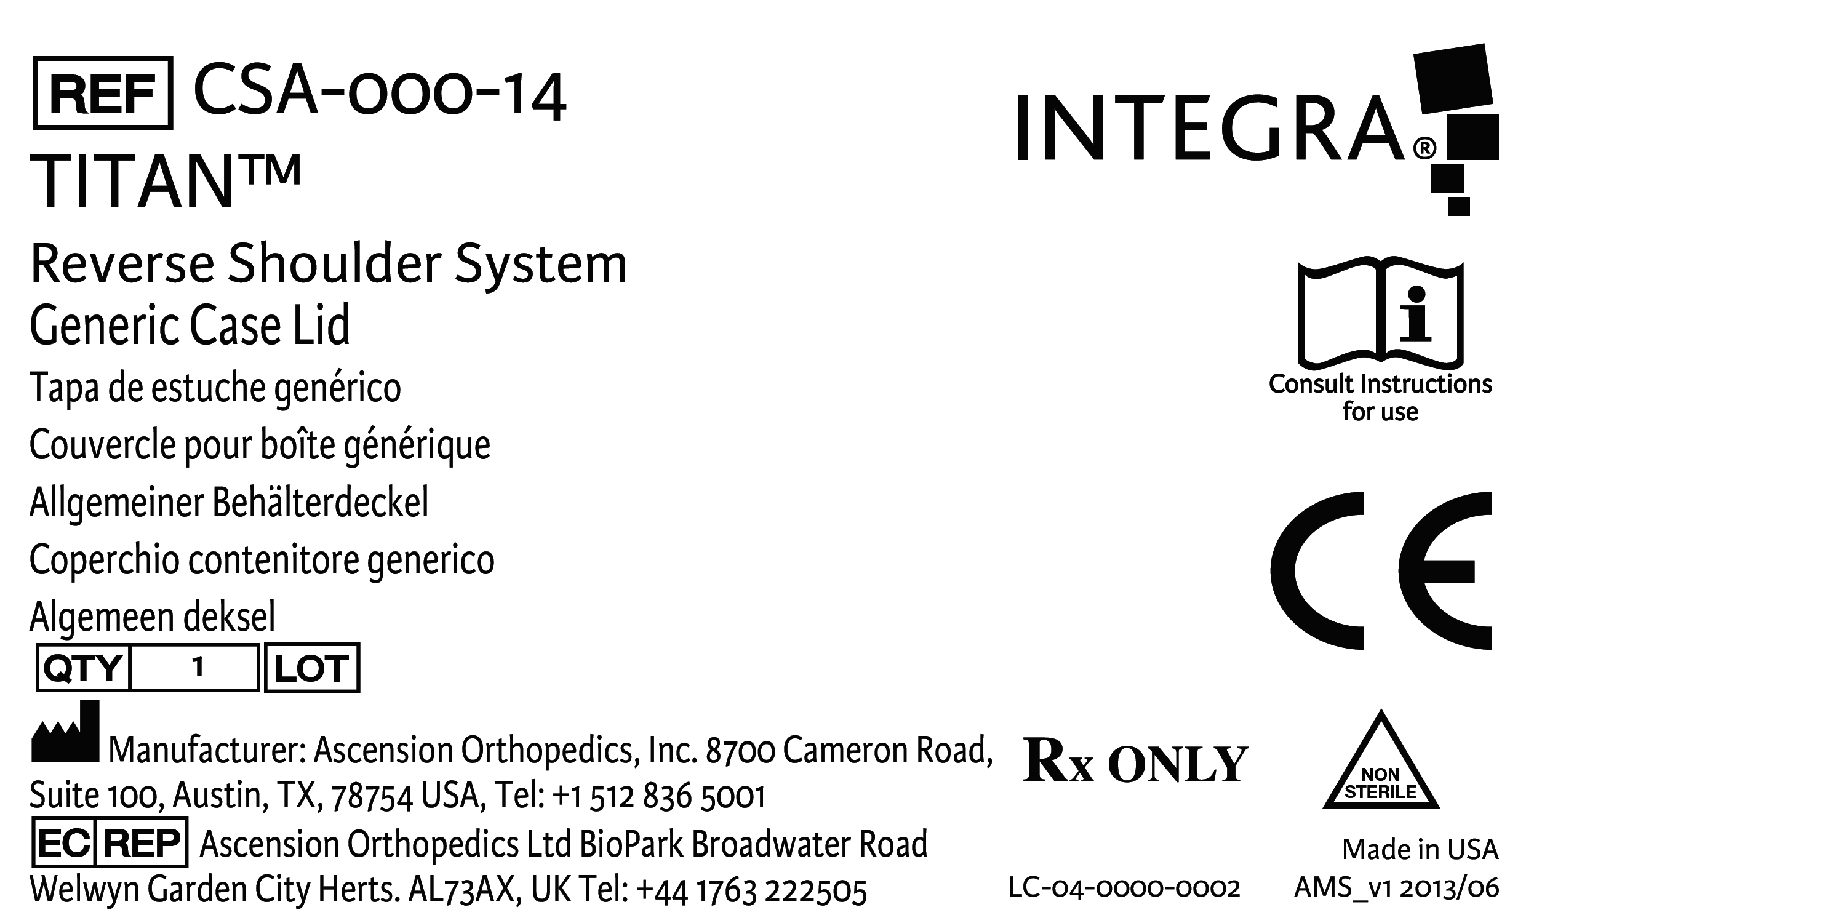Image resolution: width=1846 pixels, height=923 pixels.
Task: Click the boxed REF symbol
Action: pyautogui.click(x=103, y=93)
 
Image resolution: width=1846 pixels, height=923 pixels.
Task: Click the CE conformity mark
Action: pyautogui.click(x=1381, y=570)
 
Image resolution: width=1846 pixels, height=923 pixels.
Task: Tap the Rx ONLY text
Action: pyautogui.click(x=1135, y=762)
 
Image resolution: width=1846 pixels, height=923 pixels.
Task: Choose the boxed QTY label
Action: pyautogui.click(x=83, y=668)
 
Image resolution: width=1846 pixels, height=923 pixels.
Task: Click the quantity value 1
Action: pyautogui.click(x=198, y=668)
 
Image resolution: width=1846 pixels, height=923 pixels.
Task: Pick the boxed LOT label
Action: pyautogui.click(x=312, y=668)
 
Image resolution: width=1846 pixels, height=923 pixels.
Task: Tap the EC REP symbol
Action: pyautogui.click(x=110, y=843)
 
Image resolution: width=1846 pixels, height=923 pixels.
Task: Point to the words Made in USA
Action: pyautogui.click(x=1420, y=849)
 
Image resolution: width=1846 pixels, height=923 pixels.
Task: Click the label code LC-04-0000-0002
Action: pyautogui.click(x=1124, y=888)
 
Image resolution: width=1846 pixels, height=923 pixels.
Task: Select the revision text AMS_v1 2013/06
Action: pyautogui.click(x=1396, y=888)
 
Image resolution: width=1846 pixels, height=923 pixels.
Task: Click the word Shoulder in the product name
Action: pyautogui.click(x=334, y=264)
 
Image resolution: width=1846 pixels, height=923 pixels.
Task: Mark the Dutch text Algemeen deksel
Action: pyautogui.click(x=152, y=617)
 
